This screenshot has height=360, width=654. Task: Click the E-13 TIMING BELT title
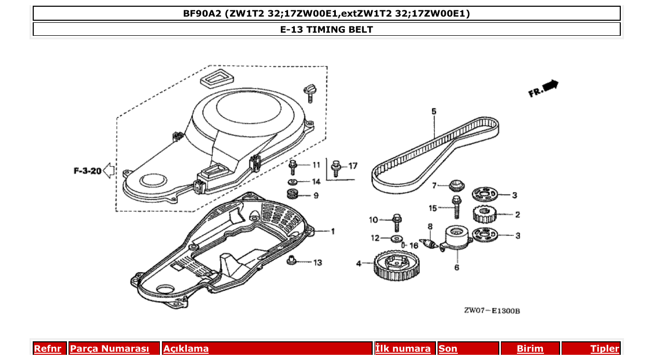click(326, 30)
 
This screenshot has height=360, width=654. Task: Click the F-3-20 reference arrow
click(108, 170)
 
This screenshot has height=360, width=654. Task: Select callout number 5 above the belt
click(433, 111)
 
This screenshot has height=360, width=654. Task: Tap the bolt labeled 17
click(336, 168)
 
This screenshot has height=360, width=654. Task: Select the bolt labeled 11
click(293, 167)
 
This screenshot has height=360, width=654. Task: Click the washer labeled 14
click(292, 182)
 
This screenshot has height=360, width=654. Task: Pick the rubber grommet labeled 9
click(292, 195)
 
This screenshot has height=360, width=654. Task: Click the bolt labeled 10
click(397, 221)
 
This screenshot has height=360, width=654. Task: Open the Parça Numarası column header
click(110, 349)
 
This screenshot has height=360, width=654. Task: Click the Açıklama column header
click(186, 349)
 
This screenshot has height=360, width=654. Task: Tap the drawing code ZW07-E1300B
click(492, 311)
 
